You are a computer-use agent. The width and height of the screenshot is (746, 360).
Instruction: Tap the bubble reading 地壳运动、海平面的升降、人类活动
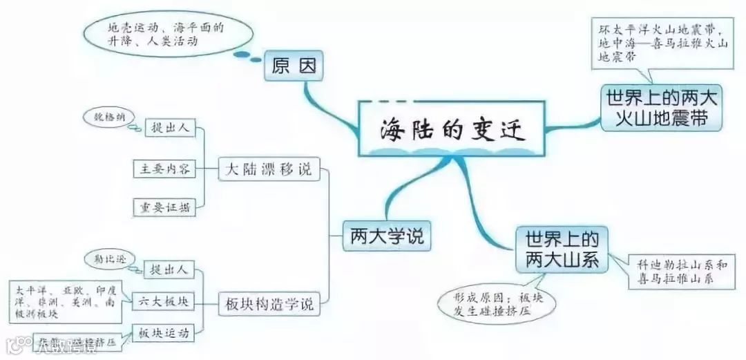coord(166,35)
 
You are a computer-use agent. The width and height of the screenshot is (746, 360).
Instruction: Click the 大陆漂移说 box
coord(269,169)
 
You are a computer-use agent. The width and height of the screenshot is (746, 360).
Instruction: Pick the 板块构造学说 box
coord(269,302)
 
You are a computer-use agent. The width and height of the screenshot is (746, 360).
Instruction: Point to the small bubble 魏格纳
coord(108,117)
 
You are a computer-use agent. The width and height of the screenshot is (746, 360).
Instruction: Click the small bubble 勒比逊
coord(108,258)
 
